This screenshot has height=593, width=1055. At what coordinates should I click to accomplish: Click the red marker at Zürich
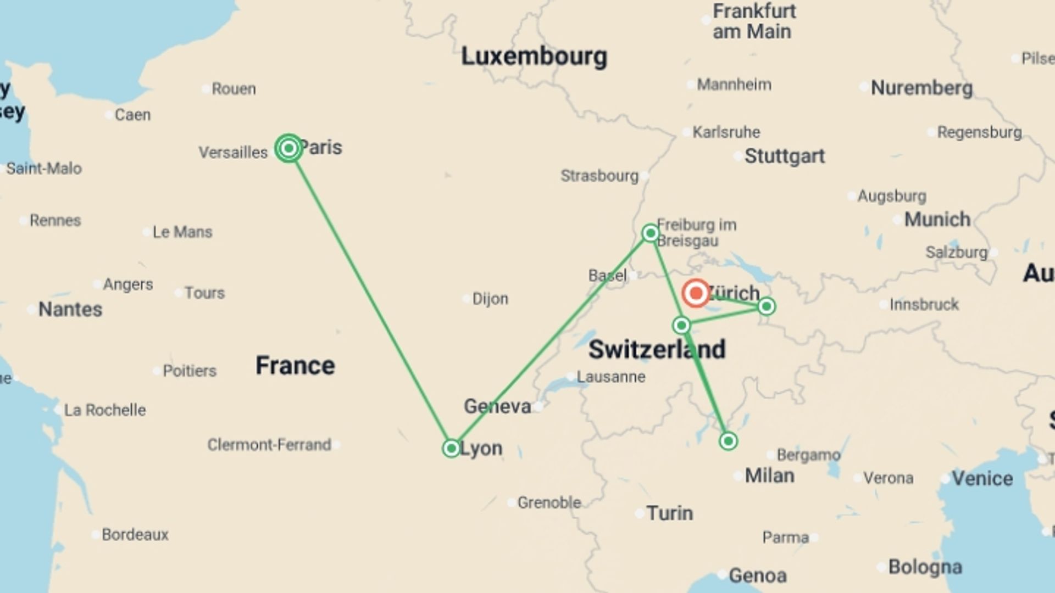[x=696, y=293]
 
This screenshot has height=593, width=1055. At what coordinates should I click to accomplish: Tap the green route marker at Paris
[x=288, y=148]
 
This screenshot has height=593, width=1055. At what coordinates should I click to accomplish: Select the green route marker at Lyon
[x=451, y=449]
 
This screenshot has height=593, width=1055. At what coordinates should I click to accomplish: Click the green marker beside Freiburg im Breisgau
[x=651, y=233]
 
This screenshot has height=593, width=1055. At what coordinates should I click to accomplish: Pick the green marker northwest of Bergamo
[x=728, y=441]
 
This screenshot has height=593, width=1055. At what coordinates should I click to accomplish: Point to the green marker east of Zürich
[x=767, y=306]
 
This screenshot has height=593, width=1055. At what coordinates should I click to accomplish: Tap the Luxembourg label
[x=534, y=57]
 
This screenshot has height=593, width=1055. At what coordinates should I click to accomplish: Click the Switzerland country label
[x=657, y=350]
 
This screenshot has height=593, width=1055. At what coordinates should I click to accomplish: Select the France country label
[x=295, y=366]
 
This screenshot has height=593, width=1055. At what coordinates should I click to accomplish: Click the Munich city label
[x=937, y=220]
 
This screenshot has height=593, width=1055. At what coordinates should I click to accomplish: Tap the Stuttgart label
[x=784, y=156]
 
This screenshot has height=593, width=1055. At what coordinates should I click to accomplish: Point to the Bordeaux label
[x=135, y=534]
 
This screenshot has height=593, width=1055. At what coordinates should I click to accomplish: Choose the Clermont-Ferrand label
[x=269, y=445]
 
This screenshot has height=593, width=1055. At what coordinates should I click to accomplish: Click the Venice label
[x=982, y=478]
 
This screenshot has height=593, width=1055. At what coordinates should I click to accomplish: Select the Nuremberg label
[x=921, y=88]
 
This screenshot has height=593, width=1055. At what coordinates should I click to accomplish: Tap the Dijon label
[x=490, y=299]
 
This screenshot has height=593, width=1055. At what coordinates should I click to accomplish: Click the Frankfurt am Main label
[x=753, y=21]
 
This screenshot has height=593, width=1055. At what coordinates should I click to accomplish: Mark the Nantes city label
[x=70, y=310]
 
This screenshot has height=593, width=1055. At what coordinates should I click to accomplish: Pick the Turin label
[x=669, y=513]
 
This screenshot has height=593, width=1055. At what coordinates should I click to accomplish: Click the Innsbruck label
[x=924, y=305]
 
